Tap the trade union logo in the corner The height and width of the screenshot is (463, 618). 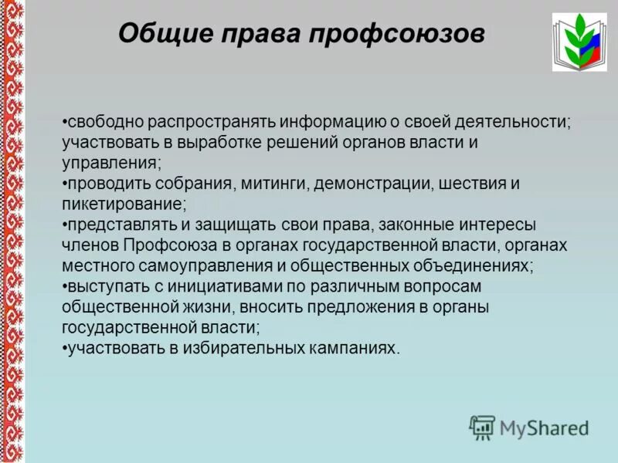click(579, 42)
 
